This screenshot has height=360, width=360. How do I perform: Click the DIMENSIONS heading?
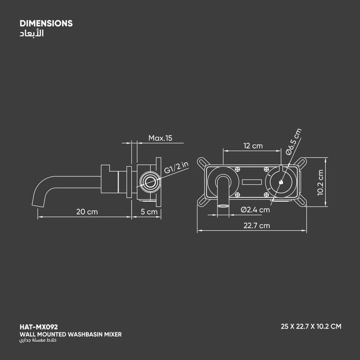coord(46,24)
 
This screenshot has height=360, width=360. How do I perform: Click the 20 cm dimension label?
coord(87,212)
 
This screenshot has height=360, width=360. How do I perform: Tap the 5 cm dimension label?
coord(149,212)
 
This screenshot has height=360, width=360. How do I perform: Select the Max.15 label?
coord(160,138)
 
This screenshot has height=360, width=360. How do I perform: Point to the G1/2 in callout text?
coord(176,167)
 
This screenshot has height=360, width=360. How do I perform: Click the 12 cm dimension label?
coord(253,146)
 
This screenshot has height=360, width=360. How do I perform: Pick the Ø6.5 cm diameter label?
coord(293,142)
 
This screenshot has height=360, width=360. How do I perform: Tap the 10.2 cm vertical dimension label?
coord(320,182)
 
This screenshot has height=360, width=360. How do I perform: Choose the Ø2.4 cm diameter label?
coord(255,210)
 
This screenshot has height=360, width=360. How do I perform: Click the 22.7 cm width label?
coord(257,226)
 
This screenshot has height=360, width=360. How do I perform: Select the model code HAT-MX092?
coord(39,327)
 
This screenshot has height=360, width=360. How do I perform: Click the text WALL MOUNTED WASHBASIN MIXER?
coord(71,334)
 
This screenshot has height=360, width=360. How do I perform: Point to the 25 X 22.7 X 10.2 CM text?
coord(311,326)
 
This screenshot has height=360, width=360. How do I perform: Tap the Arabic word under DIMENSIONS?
coord(32,33)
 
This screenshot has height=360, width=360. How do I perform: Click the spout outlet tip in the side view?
coord(38,204)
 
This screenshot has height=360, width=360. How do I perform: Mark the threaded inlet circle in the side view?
coord(150,182)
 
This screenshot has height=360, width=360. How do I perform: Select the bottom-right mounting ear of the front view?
coord(300,202)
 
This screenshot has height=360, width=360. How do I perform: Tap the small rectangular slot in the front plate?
coord(252,182)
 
